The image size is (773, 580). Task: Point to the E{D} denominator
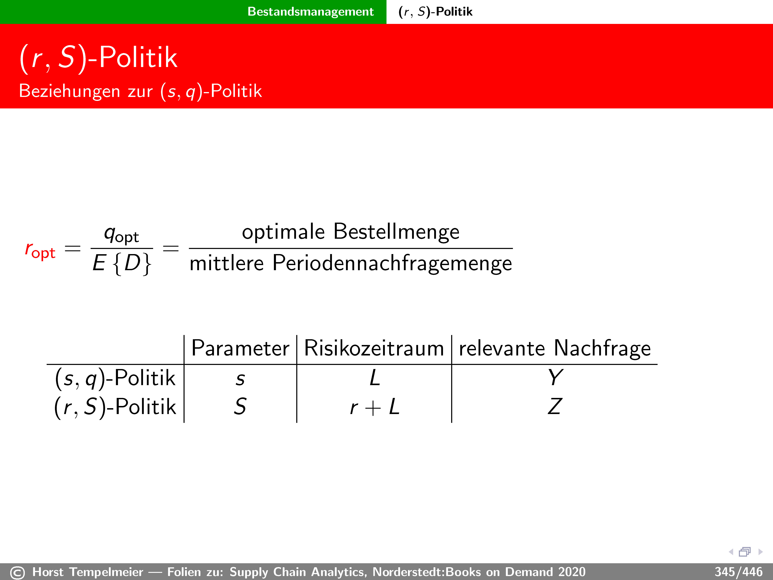[122, 263]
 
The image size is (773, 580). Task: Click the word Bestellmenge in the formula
[396, 232]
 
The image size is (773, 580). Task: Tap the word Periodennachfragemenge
[392, 263]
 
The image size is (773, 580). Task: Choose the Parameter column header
[240, 349]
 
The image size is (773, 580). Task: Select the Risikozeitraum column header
[374, 349]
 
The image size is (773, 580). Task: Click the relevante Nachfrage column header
[555, 349]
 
